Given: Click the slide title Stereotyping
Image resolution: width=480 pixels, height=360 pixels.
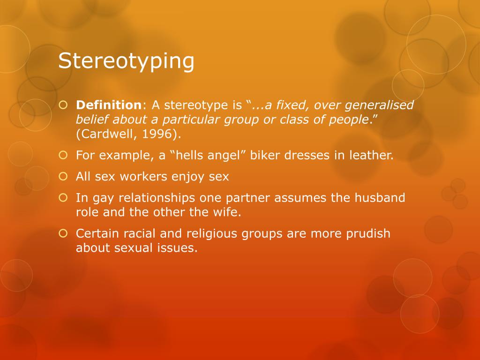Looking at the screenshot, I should [x=126, y=61].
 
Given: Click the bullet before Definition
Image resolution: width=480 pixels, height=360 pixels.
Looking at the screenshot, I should [x=63, y=105].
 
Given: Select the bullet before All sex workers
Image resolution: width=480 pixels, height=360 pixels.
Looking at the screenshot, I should [x=63, y=177].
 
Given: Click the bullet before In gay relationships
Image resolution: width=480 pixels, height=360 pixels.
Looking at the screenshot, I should [x=63, y=198].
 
